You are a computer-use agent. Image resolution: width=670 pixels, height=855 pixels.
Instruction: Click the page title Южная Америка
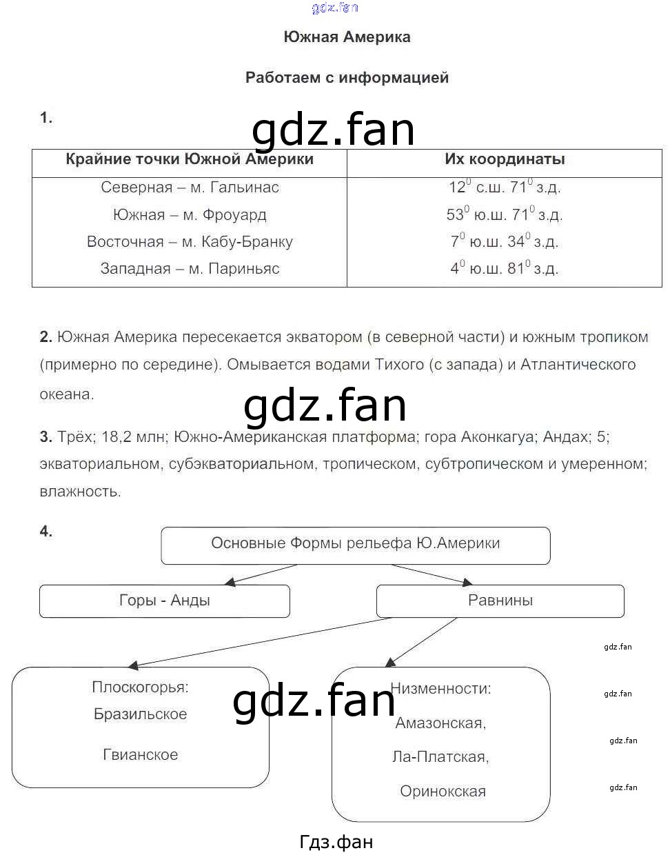click(x=347, y=37)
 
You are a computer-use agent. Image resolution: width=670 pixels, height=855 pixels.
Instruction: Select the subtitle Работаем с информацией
click(x=347, y=77)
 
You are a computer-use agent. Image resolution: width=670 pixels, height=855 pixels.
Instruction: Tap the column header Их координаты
click(x=505, y=159)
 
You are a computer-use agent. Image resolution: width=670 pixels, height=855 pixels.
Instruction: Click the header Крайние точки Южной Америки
click(x=190, y=159)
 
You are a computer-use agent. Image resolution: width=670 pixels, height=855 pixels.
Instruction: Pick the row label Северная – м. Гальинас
click(x=190, y=187)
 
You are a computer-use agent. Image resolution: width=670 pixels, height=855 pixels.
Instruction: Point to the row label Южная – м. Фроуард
click(x=190, y=214)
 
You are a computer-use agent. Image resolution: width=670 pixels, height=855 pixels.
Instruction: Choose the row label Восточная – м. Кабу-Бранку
click(x=190, y=242)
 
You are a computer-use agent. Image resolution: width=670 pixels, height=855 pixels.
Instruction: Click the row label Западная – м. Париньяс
click(x=190, y=269)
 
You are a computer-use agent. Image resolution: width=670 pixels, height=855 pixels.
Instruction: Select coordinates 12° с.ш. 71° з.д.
click(x=505, y=187)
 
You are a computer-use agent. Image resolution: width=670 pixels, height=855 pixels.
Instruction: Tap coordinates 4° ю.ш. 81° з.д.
click(x=505, y=268)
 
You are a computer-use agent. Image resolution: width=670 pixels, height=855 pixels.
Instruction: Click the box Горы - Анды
click(x=165, y=601)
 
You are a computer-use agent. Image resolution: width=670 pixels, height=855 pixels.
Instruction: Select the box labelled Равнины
click(x=500, y=601)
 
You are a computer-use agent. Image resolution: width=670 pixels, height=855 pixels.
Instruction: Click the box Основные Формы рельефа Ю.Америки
click(x=356, y=543)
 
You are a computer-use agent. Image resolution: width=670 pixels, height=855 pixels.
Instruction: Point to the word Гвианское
click(x=140, y=755)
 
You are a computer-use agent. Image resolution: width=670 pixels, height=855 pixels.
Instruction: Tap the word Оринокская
click(x=443, y=792)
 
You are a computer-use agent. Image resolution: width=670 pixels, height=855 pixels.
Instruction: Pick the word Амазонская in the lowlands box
click(x=440, y=723)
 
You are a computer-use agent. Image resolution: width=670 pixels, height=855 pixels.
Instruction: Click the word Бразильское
click(x=140, y=714)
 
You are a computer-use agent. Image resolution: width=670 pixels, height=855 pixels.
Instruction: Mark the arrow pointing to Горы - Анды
click(x=262, y=575)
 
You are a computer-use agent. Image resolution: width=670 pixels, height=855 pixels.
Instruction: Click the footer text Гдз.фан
click(x=336, y=842)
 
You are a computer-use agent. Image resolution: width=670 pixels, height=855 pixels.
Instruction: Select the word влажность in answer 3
click(x=80, y=492)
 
